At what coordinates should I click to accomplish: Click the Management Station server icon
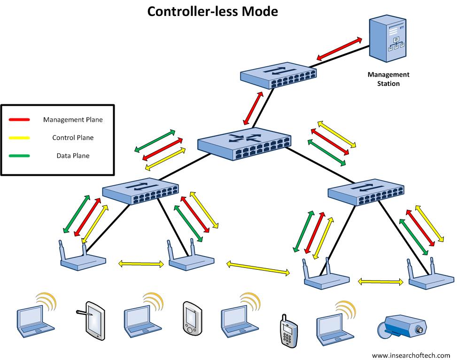pyautogui.click(x=387, y=39)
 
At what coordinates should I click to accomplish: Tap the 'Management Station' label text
pyautogui.click(x=388, y=79)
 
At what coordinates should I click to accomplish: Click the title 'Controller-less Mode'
pyautogui.click(x=212, y=11)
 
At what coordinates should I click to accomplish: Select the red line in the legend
pyautogui.click(x=19, y=120)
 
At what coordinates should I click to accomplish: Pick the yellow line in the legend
pyautogui.click(x=19, y=138)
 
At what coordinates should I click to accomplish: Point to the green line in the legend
pyautogui.click(x=19, y=156)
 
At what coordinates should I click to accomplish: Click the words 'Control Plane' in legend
pyautogui.click(x=73, y=138)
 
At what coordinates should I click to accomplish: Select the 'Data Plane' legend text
pyautogui.click(x=73, y=156)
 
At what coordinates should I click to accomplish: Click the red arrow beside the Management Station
pyautogui.click(x=339, y=48)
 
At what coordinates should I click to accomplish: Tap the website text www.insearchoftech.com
pyautogui.click(x=411, y=355)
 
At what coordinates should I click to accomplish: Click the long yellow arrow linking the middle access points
pyautogui.click(x=258, y=267)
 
